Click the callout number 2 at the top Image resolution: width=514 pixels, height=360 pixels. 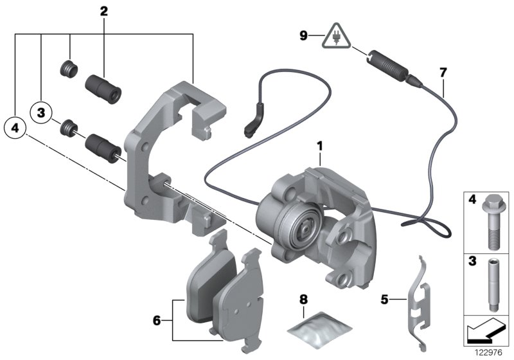coord(104,10)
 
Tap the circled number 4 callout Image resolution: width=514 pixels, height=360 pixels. coord(15,127)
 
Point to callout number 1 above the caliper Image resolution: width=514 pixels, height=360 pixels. coord(318,148)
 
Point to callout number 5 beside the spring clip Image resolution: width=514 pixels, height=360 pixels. coord(385,298)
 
